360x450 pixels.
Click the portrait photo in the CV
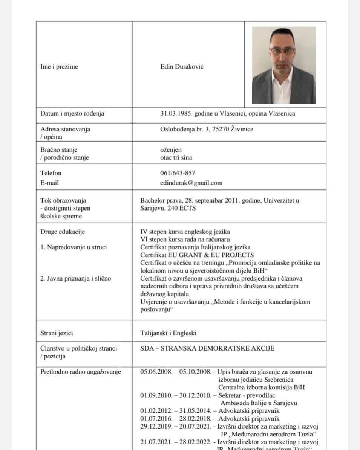[x=283, y=65]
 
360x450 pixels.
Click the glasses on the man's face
[x=282, y=50]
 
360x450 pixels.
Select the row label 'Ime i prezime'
[x=59, y=67]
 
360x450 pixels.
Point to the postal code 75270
[x=221, y=129]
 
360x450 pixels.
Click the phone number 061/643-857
[x=178, y=173]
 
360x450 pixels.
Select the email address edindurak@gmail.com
[x=191, y=183]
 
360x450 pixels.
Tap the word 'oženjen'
[x=171, y=149]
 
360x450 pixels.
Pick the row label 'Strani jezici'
[x=57, y=333]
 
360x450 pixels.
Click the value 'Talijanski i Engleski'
[x=168, y=333]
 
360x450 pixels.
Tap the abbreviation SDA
[x=147, y=348]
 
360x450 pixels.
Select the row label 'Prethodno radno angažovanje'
[x=80, y=372]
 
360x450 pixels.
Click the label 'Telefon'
[x=51, y=173]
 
